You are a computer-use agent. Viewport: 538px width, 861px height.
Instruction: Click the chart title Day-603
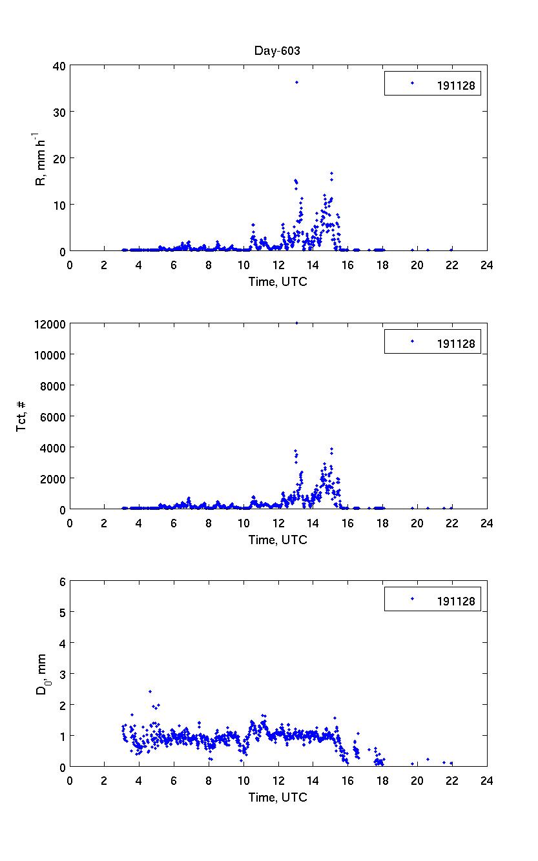[278, 50]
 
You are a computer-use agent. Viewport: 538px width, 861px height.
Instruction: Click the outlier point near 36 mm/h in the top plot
[296, 83]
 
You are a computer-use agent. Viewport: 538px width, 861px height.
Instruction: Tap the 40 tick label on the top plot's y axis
[58, 65]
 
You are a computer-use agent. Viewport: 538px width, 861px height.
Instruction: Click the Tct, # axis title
[21, 416]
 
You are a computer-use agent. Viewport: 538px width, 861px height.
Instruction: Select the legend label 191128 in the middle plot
[456, 344]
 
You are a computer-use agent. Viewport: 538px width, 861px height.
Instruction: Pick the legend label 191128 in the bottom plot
[456, 602]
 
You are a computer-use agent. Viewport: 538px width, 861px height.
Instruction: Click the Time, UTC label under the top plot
[278, 281]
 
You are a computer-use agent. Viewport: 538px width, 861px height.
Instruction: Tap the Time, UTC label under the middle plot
[278, 540]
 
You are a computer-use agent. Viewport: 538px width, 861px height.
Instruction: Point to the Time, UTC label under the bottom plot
[278, 797]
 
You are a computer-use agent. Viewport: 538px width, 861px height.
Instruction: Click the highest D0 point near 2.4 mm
[150, 691]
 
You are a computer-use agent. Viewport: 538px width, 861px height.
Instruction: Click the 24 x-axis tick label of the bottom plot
[486, 780]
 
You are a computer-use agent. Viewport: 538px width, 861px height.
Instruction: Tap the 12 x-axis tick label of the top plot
[278, 265]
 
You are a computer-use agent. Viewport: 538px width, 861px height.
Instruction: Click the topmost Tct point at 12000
[296, 323]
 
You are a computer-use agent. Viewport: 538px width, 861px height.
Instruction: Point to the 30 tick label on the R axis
[58, 112]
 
